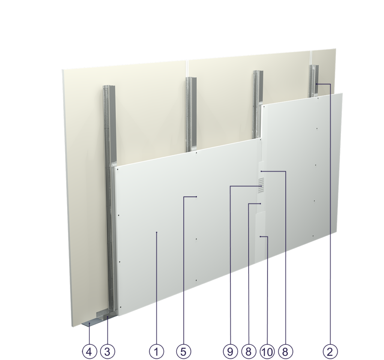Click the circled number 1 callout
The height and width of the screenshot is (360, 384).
pyautogui.click(x=157, y=351)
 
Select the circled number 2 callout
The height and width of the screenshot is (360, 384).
pyautogui.click(x=330, y=351)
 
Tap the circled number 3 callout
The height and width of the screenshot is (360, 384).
pyautogui.click(x=108, y=351)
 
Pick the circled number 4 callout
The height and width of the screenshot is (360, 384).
pyautogui.click(x=89, y=351)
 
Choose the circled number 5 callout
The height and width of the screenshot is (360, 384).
pyautogui.click(x=184, y=351)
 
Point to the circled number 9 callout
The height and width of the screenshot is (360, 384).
pyautogui.click(x=230, y=351)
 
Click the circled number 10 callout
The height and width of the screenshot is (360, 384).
pyautogui.click(x=267, y=351)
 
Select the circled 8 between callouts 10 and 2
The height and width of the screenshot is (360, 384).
pyautogui.click(x=286, y=351)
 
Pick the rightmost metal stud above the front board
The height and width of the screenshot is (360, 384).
pyautogui.click(x=313, y=81)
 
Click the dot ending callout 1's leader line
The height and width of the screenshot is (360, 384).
pyautogui.click(x=157, y=233)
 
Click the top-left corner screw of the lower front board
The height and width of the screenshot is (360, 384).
pyautogui.click(x=117, y=169)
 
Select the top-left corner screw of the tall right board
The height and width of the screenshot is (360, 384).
pyautogui.click(x=265, y=108)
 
